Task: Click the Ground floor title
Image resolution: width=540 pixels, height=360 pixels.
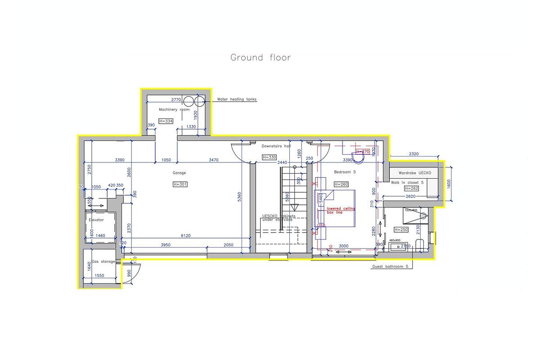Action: [260, 58]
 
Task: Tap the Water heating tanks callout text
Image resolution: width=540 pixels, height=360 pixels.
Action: [237, 99]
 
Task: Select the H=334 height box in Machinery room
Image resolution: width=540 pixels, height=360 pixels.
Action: [166, 121]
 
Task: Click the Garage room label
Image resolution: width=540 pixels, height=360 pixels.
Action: [179, 173]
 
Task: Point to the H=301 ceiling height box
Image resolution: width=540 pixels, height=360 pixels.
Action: [180, 184]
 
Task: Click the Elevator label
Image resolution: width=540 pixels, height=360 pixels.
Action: [96, 220]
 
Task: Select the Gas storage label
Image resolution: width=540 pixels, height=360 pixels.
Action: [103, 261]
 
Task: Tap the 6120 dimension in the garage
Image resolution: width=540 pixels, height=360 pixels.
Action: [186, 236]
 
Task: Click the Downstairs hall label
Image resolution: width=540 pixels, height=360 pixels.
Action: [276, 146]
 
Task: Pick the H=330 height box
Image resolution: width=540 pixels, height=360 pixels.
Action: [269, 157]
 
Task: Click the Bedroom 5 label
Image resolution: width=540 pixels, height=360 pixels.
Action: [345, 172]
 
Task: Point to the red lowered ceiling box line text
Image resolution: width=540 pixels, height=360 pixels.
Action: [341, 211]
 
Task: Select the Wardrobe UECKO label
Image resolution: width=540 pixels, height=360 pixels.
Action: [415, 173]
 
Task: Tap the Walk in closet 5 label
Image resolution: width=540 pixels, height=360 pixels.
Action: [407, 182]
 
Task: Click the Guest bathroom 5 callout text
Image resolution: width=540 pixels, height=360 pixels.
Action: [390, 266]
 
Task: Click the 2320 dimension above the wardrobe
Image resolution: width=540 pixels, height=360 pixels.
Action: [414, 154]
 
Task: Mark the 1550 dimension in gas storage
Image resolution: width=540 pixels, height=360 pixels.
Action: [100, 275]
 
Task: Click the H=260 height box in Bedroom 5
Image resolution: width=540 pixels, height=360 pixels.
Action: [342, 184]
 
